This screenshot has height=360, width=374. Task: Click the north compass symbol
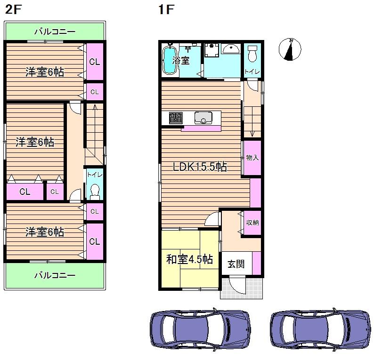pyautogui.click(x=290, y=49)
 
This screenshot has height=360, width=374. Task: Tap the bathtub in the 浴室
pyautogui.click(x=169, y=60)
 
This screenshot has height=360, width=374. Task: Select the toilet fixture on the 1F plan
pyautogui.click(x=252, y=54)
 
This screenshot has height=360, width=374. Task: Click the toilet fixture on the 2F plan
pyautogui.click(x=95, y=192)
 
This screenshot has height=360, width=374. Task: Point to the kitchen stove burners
pyautogui.click(x=176, y=118)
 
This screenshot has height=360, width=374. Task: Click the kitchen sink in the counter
pyautogui.click(x=203, y=117)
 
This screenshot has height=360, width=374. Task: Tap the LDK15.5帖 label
pyautogui.click(x=200, y=167)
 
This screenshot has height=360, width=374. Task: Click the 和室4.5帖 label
pyautogui.click(x=189, y=259)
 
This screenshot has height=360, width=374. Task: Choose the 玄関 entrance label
pyautogui.click(x=236, y=264)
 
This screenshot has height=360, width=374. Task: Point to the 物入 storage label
pyautogui.click(x=252, y=158)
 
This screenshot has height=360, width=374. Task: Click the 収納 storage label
pyautogui.click(x=252, y=223)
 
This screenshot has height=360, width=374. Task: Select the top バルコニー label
pyautogui.click(x=55, y=32)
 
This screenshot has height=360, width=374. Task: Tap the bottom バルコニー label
pyautogui.click(x=55, y=275)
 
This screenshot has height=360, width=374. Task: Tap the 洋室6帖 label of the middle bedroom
pyautogui.click(x=35, y=142)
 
